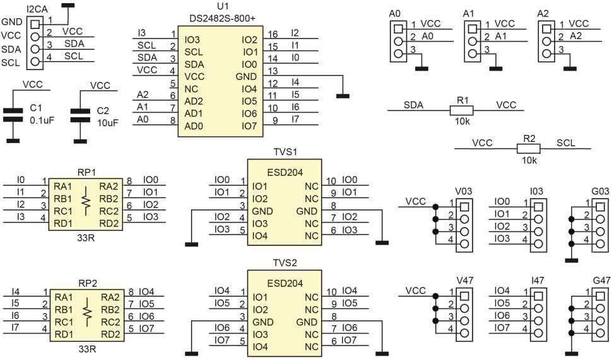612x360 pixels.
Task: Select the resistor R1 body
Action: [462, 110]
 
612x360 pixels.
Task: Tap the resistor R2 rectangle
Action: [529, 149]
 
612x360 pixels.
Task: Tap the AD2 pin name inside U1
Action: [194, 101]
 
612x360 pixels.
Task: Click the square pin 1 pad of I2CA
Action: [35, 23]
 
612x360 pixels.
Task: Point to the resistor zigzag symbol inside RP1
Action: [86, 199]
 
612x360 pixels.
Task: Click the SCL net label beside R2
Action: [566, 143]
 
